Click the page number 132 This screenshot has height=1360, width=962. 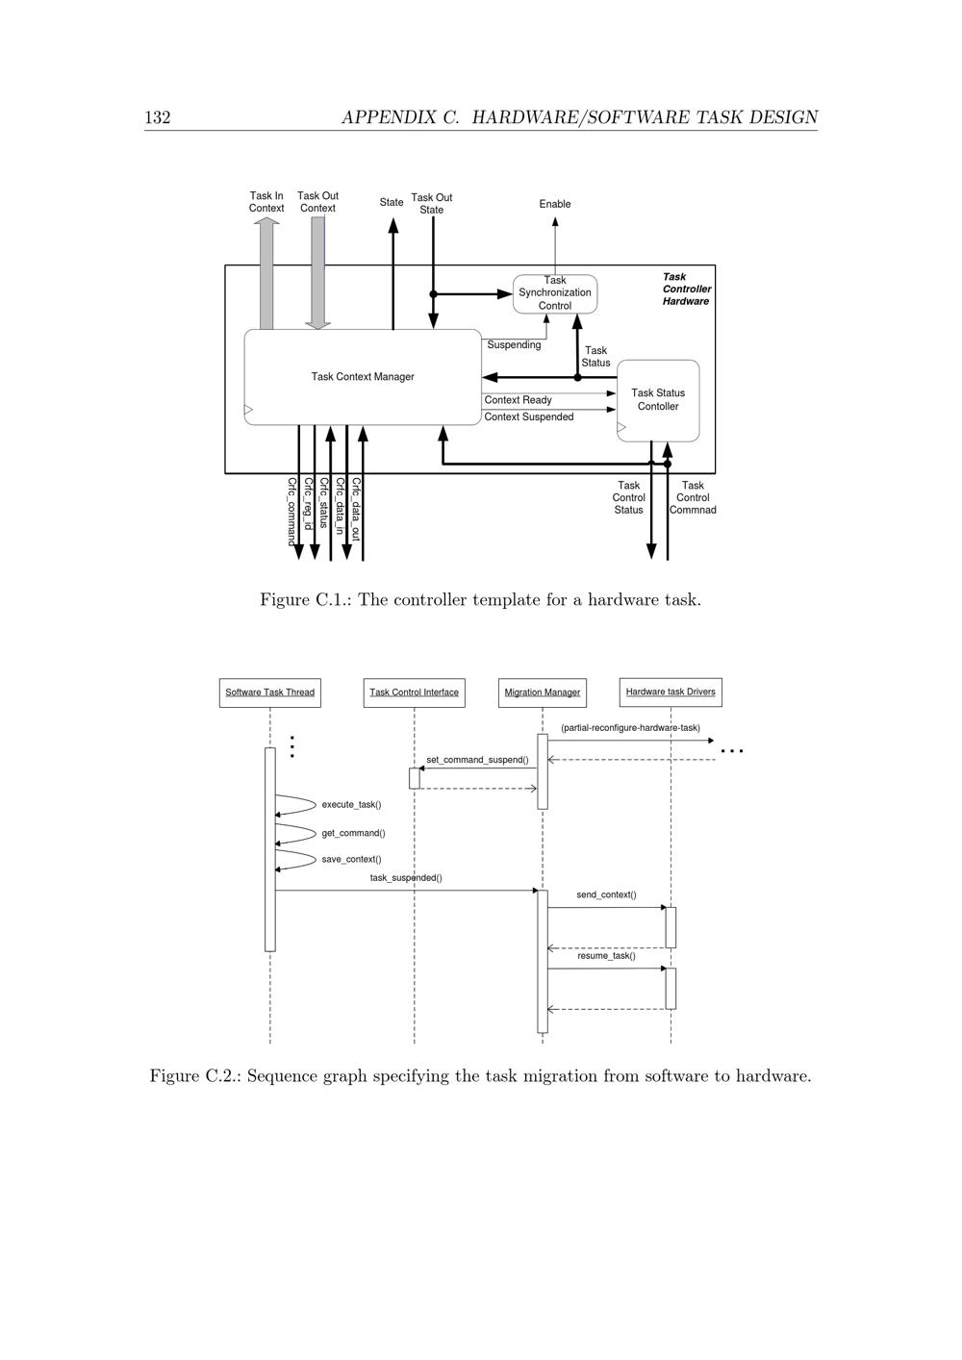158,117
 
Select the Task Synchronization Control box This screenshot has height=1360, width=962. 555,293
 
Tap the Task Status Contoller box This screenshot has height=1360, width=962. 658,400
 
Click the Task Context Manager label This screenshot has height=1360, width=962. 363,377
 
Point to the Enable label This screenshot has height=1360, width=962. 555,204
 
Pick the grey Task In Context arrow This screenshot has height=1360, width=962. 266,274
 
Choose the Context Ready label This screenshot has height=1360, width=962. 519,400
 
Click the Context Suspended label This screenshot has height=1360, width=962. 529,417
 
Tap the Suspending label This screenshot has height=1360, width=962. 514,345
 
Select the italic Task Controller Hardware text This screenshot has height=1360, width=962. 687,290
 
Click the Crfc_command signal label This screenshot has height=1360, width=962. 291,512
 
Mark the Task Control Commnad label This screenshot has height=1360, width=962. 693,498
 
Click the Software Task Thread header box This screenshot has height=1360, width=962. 270,693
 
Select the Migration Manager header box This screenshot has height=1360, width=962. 543,693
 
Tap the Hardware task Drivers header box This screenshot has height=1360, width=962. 671,692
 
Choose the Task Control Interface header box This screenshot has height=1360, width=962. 415,693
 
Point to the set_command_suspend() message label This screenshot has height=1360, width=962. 477,760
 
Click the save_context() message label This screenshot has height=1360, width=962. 351,860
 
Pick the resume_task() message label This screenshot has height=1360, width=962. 606,956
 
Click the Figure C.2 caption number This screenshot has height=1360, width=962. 212,1076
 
